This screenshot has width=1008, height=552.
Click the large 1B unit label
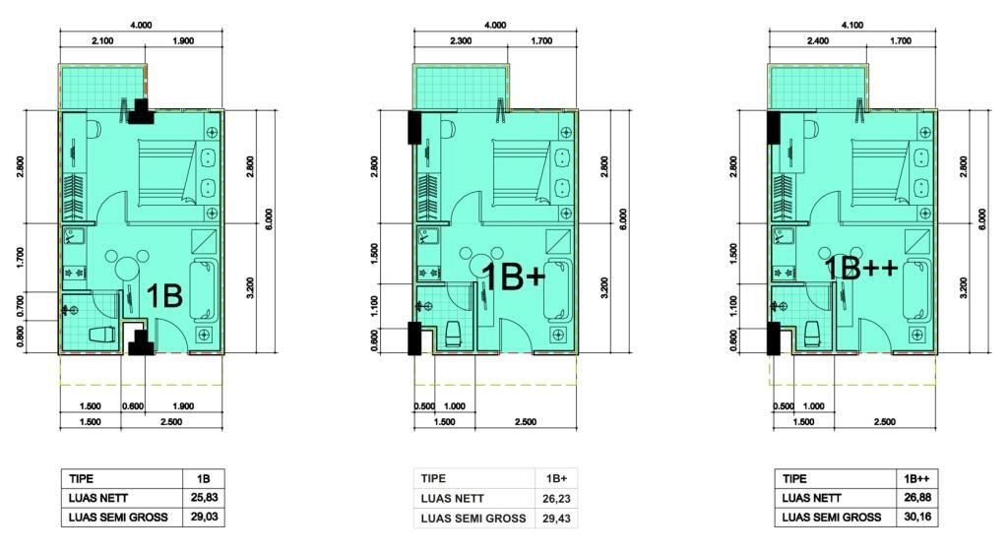pyautogui.click(x=164, y=296)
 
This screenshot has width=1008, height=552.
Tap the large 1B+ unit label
pyautogui.click(x=514, y=277)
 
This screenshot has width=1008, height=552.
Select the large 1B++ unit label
pyautogui.click(x=860, y=268)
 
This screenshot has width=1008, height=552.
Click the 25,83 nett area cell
pyautogui.click(x=204, y=497)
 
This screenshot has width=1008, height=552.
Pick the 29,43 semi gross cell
pyautogui.click(x=556, y=518)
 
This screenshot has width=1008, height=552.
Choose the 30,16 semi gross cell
pyautogui.click(x=917, y=517)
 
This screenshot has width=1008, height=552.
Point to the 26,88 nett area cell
pyautogui.click(x=917, y=497)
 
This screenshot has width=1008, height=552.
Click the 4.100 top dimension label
pyautogui.click(x=851, y=25)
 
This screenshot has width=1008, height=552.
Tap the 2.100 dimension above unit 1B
pyautogui.click(x=102, y=40)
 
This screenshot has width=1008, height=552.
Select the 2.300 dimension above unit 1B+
pyautogui.click(x=461, y=40)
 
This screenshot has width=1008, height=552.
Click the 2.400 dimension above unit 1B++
pyautogui.click(x=817, y=40)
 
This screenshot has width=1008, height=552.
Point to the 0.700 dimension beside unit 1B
pyautogui.click(x=22, y=306)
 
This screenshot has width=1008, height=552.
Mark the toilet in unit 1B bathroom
pyautogui.click(x=102, y=336)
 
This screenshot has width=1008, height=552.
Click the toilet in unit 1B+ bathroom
pyautogui.click(x=454, y=333)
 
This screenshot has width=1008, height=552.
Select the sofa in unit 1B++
pyautogui.click(x=916, y=290)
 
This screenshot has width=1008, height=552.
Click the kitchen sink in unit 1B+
pyautogui.click(x=426, y=236)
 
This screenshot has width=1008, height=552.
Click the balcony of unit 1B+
pyautogui.click(x=461, y=88)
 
